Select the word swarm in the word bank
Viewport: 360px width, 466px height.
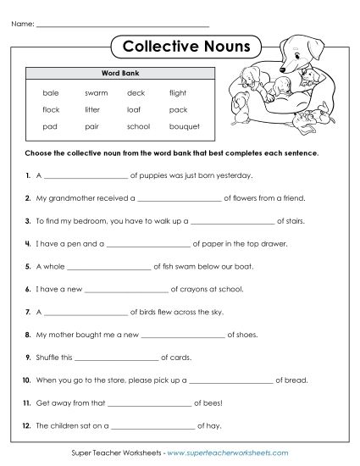click(x=96, y=92)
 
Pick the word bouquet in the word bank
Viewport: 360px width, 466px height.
click(x=184, y=126)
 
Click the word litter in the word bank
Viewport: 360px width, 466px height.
click(x=92, y=109)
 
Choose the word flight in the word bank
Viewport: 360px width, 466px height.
click(x=177, y=92)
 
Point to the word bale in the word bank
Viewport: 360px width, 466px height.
click(x=50, y=92)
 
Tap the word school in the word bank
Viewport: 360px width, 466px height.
click(x=138, y=126)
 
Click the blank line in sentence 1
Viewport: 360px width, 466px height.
click(x=84, y=177)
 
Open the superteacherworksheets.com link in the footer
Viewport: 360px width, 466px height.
click(x=228, y=454)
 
